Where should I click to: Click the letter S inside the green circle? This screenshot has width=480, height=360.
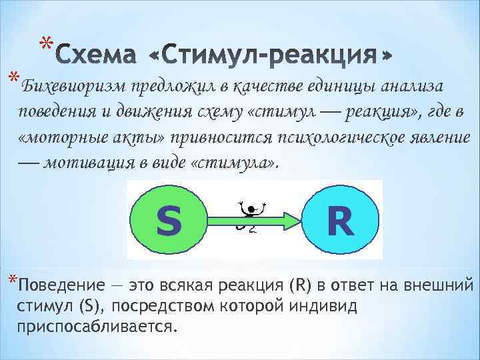coord(169,221)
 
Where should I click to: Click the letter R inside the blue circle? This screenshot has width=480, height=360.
coord(340,221)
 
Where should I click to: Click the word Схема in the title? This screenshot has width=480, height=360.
coord(95,54)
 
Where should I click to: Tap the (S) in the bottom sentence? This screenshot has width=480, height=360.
coord(91,307)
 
